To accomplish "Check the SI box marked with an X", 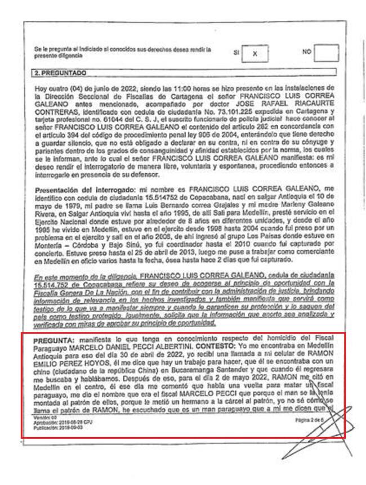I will (255, 53).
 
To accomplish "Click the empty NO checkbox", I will (327, 53).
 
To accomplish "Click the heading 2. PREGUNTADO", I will (59, 72).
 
